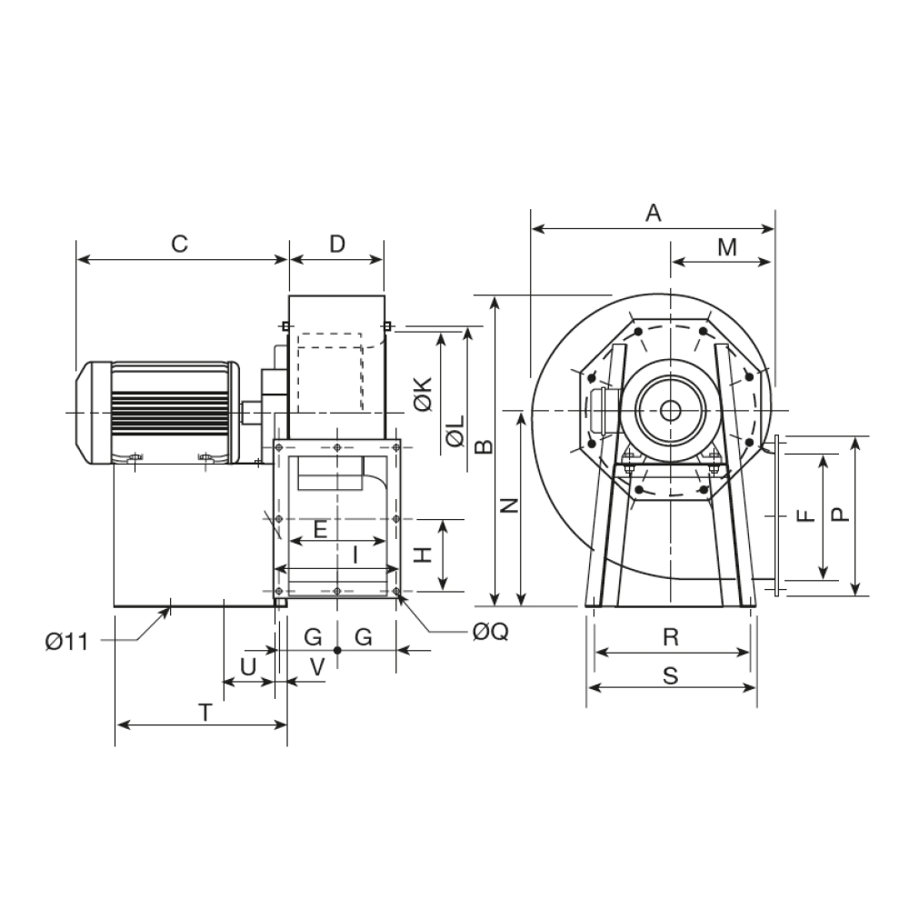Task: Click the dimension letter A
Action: tap(654, 213)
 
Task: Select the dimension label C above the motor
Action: tap(180, 244)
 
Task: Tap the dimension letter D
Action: tap(337, 244)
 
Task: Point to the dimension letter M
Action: tap(727, 247)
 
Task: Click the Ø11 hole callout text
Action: tap(67, 642)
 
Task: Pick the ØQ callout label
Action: tap(491, 632)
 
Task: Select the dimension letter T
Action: tap(205, 713)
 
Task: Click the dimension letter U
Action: tap(248, 667)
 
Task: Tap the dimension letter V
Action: tap(317, 667)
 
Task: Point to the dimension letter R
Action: tap(671, 637)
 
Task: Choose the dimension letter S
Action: tap(671, 676)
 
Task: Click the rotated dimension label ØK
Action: tap(424, 395)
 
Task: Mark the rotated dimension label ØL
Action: tap(455, 431)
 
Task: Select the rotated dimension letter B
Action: tap(484, 446)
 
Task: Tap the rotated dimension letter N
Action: tap(509, 505)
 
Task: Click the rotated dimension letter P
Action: tap(841, 514)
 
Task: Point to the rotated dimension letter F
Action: tap(806, 515)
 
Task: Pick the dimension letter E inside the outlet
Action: tap(321, 529)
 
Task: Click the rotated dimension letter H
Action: tap(424, 555)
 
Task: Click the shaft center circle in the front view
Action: tap(671, 411)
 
